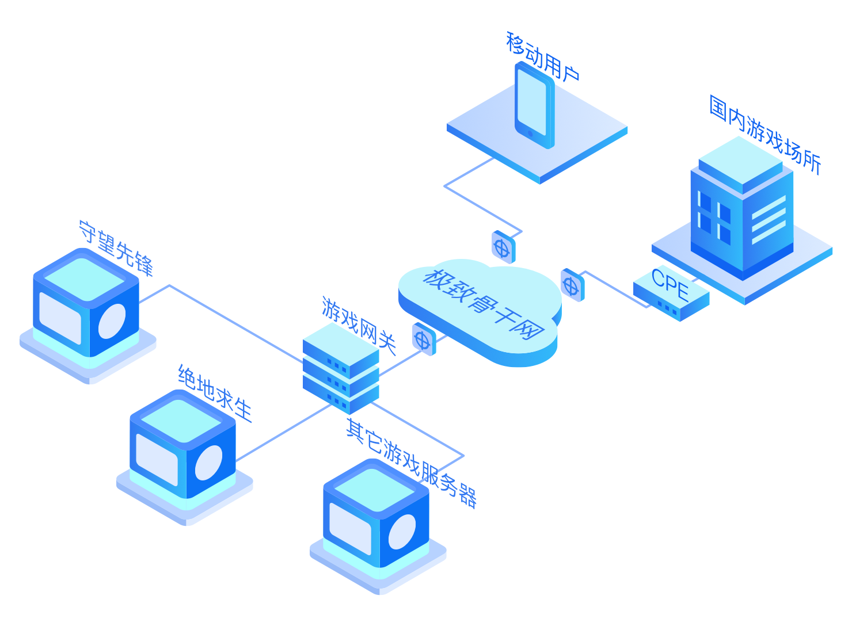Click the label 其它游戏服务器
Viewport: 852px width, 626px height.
click(411, 463)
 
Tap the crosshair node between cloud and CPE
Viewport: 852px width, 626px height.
click(572, 285)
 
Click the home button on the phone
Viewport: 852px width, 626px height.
click(530, 133)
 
